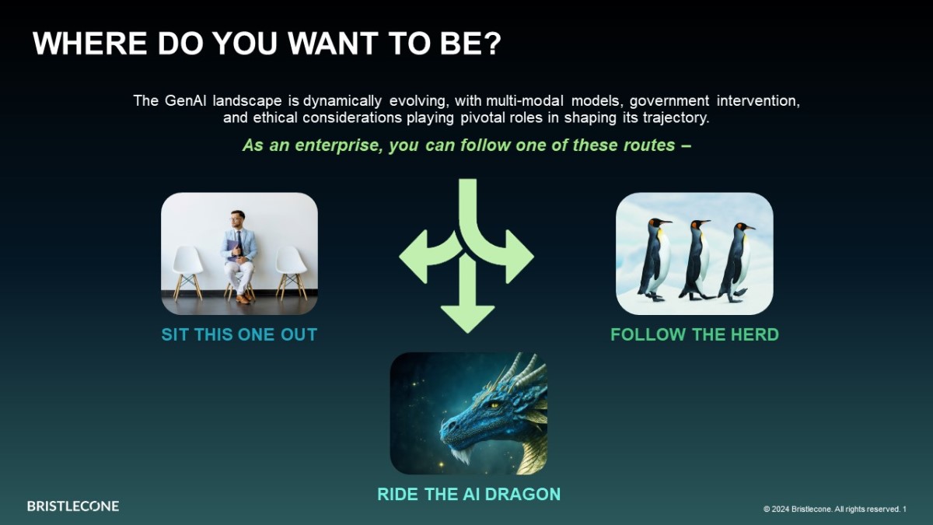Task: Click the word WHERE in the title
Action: [90, 44]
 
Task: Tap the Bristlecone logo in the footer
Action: [73, 506]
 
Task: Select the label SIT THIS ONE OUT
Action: [239, 334]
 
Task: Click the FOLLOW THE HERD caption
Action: [695, 334]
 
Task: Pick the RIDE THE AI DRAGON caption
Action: [469, 494]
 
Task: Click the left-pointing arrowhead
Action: [414, 257]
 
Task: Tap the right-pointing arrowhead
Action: [519, 257]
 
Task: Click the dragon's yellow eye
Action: [494, 404]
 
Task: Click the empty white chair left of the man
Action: [187, 272]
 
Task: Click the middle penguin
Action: [696, 260]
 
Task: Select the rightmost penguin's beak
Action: [749, 227]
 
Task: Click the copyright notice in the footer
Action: [835, 509]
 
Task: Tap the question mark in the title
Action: [493, 44]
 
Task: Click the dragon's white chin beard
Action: [460, 455]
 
